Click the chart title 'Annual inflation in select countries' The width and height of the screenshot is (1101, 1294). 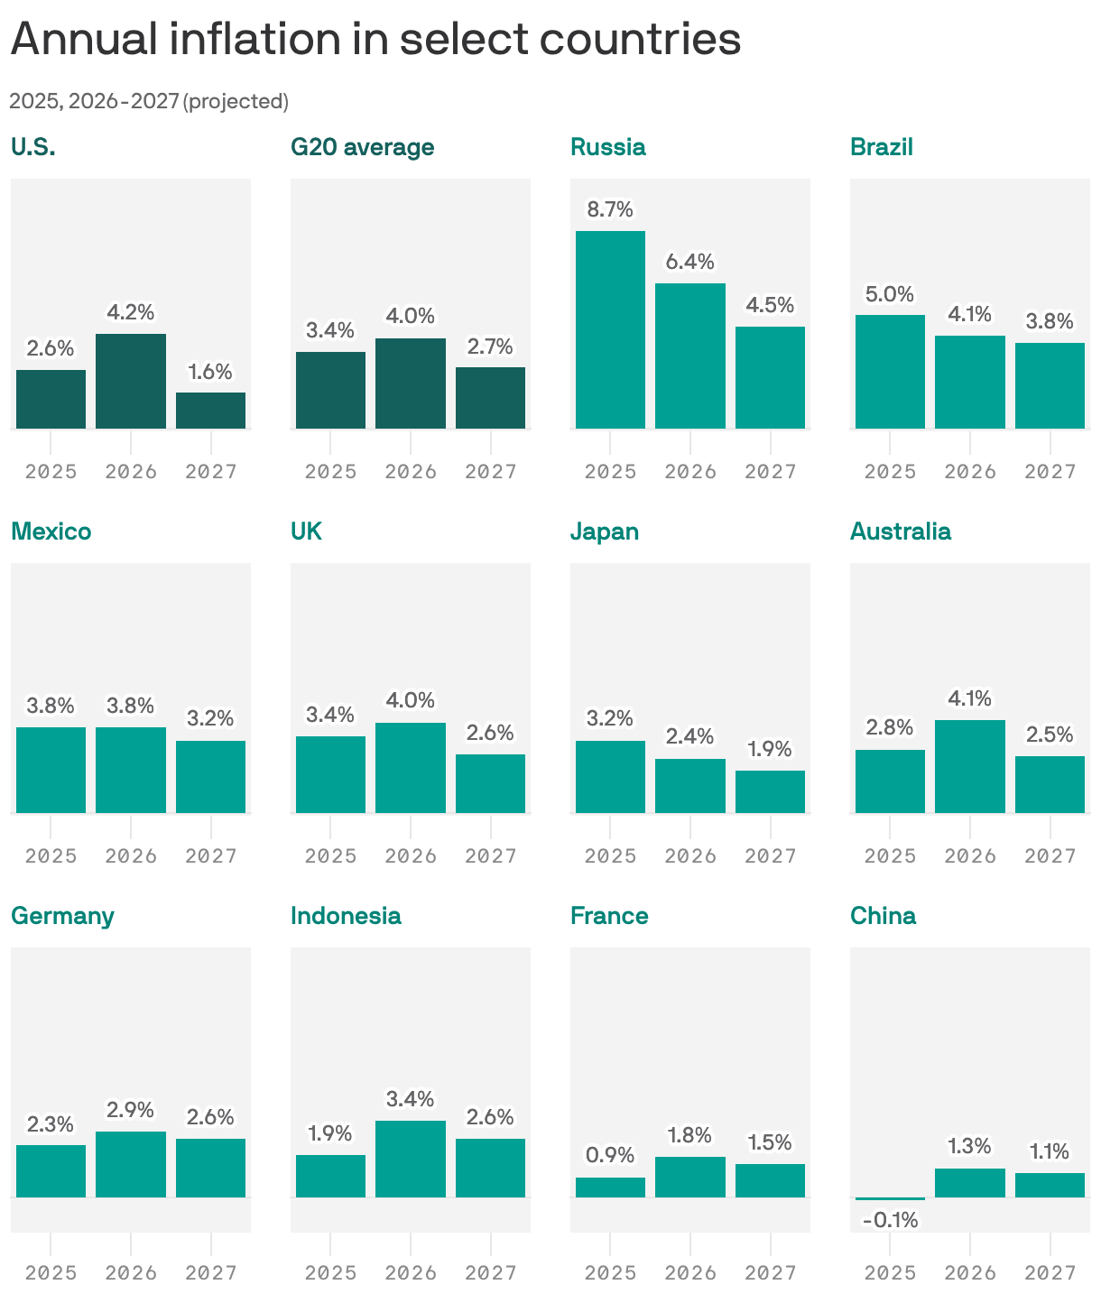[375, 40]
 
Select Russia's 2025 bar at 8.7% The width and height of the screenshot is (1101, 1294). [610, 329]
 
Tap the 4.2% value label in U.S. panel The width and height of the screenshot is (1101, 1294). [131, 312]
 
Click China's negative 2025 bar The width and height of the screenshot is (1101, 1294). [890, 1198]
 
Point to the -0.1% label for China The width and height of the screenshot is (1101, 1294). [890, 1220]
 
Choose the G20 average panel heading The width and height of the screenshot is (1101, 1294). [362, 147]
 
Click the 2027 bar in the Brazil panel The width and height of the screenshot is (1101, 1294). [1050, 385]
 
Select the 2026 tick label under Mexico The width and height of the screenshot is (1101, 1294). [131, 855]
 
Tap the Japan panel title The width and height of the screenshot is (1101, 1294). [605, 531]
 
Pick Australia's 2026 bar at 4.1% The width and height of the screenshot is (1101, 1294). [970, 766]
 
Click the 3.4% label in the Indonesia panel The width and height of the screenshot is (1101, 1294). [411, 1099]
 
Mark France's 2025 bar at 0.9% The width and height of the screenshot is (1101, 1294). [610, 1188]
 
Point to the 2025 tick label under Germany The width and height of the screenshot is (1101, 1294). [51, 1272]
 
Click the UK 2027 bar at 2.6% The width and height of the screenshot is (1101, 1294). [490, 783]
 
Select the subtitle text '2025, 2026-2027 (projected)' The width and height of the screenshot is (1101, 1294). [149, 101]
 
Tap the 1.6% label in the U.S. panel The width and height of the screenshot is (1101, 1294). [210, 372]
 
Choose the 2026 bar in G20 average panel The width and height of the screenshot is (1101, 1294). [411, 384]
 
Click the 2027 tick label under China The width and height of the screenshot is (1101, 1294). [1050, 1272]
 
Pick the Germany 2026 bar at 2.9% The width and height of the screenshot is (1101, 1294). [131, 1164]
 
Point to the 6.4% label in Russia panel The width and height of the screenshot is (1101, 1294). [690, 262]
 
